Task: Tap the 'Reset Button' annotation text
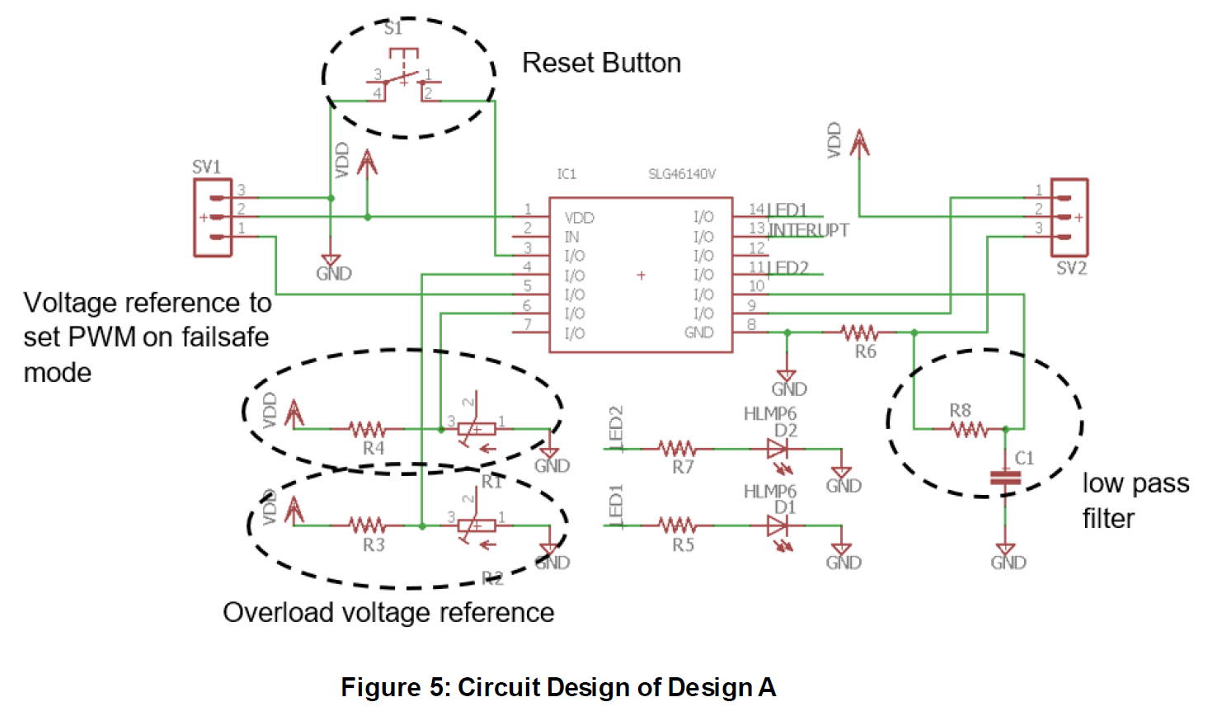(601, 63)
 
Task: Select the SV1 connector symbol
(213, 218)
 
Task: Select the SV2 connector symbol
(1069, 218)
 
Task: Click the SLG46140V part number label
(681, 174)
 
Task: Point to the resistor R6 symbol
(859, 332)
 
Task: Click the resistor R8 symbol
(968, 429)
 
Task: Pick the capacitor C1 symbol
(1005, 478)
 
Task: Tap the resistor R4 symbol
(366, 429)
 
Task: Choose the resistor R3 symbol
(366, 525)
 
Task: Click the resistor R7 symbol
(677, 449)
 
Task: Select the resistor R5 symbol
(677, 525)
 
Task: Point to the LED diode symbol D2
(778, 449)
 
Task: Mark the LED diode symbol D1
(778, 525)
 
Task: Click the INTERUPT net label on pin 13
(808, 230)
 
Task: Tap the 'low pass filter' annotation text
(1135, 501)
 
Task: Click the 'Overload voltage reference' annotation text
(388, 613)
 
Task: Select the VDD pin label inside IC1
(579, 218)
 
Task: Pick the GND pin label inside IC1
(698, 332)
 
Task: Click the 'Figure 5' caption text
(558, 687)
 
